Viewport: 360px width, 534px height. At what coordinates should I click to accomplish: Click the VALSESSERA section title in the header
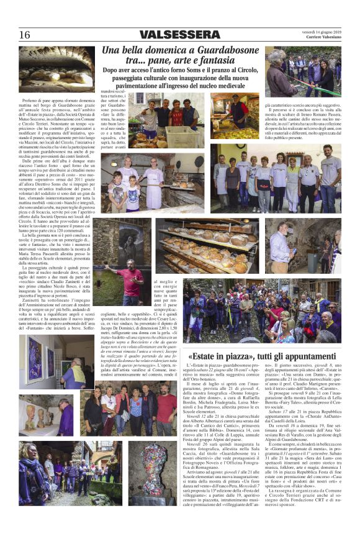click(x=179, y=34)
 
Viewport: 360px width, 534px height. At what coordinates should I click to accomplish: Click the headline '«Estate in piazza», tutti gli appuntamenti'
click(x=263, y=357)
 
